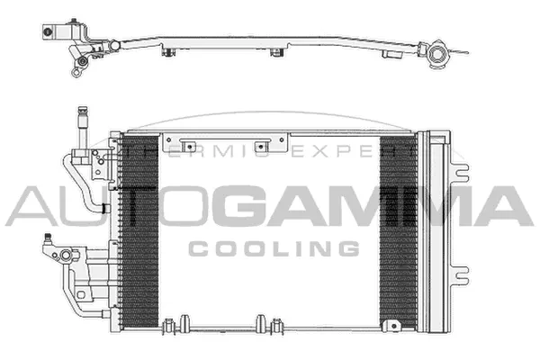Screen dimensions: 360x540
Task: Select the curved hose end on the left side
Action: pos(103,208)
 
